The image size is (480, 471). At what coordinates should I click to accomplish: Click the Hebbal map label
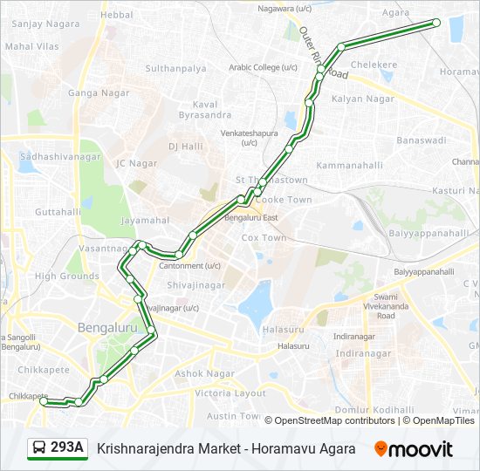pos(117,15)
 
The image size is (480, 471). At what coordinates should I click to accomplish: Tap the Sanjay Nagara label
pos(40,24)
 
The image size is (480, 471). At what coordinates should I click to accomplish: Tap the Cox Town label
pos(264,237)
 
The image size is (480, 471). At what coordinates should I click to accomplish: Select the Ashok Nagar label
pos(206,373)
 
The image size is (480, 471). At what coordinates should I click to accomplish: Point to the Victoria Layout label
pos(230,393)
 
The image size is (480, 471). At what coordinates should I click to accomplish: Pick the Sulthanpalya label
pos(175,68)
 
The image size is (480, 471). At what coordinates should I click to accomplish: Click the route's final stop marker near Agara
pos(436,23)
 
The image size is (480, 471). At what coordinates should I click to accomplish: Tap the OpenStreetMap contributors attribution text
pos(334,420)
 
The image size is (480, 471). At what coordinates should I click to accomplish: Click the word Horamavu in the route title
pos(269,448)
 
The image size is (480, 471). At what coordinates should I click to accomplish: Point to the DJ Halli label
pos(185,147)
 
